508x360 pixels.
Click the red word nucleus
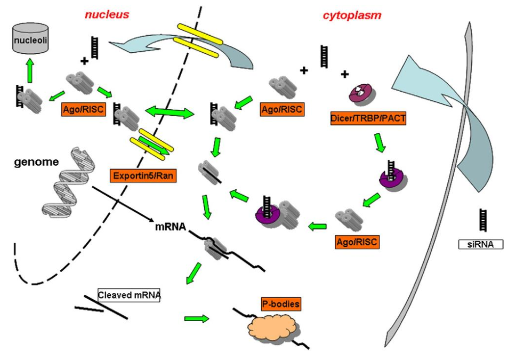coord(108,14)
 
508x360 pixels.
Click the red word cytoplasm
coord(352,15)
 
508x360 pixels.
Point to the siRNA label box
coord(481,245)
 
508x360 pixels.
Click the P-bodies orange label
coord(281,305)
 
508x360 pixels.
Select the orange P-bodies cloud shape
coord(272,326)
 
